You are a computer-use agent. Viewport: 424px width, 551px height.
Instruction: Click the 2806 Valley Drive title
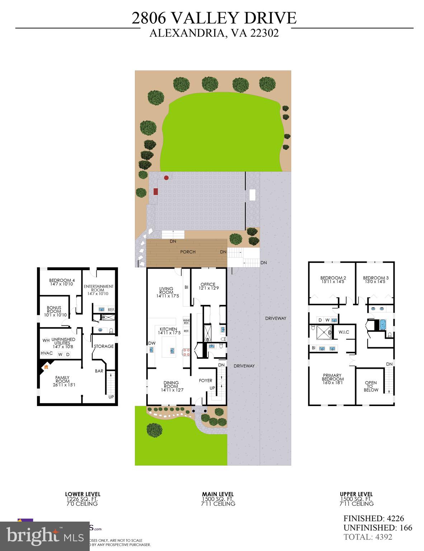214,18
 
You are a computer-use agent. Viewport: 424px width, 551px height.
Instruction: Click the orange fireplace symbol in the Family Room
46,367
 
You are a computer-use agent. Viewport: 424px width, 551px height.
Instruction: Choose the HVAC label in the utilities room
47,353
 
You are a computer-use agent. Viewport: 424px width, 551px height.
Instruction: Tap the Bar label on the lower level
99,371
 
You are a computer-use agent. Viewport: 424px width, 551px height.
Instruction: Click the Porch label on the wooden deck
188,252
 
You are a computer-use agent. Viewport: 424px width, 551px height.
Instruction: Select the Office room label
207,286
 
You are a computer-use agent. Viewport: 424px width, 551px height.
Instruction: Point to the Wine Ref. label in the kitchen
186,321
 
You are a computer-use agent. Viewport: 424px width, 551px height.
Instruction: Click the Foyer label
206,381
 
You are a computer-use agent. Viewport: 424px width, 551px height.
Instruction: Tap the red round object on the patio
166,178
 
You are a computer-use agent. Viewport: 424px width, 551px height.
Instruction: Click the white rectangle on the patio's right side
253,195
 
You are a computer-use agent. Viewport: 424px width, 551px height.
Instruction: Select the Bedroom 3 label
376,280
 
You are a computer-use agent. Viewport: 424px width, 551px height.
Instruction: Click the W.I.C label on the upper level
344,332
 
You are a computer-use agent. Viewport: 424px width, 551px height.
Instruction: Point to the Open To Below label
371,386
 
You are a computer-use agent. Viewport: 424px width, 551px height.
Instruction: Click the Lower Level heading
83,494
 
